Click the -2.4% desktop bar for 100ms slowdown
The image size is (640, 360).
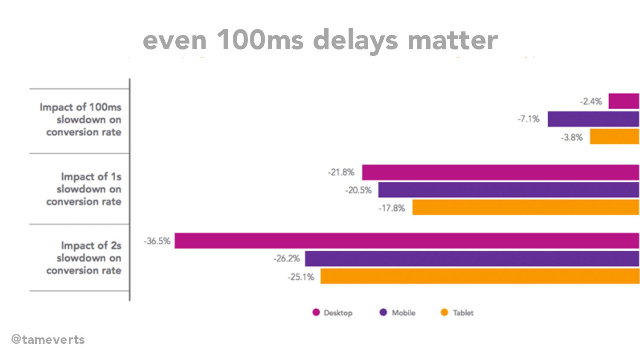click(x=623, y=101)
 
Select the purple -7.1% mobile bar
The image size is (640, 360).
click(x=593, y=119)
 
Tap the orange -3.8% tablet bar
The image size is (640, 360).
click(x=614, y=137)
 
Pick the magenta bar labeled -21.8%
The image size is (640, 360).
click(x=500, y=172)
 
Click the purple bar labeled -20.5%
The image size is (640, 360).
click(x=508, y=190)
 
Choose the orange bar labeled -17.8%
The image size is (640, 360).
click(x=525, y=208)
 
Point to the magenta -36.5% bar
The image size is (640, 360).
click(x=407, y=241)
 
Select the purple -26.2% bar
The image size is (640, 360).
click(x=472, y=259)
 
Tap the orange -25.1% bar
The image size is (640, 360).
click(x=480, y=276)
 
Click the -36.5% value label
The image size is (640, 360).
click(x=157, y=241)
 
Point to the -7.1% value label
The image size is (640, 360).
click(x=529, y=119)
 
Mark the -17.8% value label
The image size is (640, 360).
click(x=392, y=208)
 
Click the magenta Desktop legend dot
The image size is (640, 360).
click(x=316, y=313)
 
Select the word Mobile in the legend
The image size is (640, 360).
click(x=403, y=313)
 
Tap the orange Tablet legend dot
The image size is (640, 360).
click(x=444, y=313)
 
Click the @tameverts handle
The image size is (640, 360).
click(x=48, y=340)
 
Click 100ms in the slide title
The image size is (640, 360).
click(x=260, y=40)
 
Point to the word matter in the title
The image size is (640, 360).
click(x=453, y=40)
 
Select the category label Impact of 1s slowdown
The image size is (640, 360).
click(x=84, y=189)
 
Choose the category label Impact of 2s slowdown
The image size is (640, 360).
click(x=84, y=258)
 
